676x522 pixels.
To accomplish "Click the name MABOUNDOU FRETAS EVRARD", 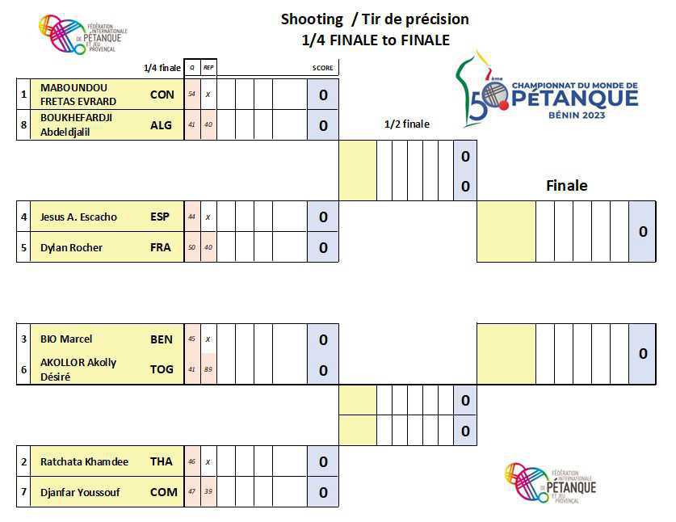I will point(78,94).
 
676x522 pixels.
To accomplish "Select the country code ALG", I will point(162,125).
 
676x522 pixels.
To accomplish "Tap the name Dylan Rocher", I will point(71,247).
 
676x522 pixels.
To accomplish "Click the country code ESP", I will point(161,217).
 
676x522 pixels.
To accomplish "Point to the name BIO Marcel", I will point(66,339).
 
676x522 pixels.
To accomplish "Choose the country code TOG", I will point(162,369).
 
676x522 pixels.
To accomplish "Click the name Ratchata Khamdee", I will point(84,461).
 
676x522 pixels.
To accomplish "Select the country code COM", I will point(162,492).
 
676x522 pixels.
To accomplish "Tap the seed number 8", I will point(24,125).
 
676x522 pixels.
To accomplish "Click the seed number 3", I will point(24,339).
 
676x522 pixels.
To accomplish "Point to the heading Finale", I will point(566,186).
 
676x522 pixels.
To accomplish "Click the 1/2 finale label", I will point(407,124).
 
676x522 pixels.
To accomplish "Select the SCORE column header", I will point(322,68).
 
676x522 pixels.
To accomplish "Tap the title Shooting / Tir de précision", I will point(375,19).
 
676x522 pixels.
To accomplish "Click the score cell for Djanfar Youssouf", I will point(323,492).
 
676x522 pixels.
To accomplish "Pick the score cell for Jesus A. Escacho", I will point(323,217).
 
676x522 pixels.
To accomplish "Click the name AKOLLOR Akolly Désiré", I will point(78,369).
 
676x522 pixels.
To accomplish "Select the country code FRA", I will point(161,247).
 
